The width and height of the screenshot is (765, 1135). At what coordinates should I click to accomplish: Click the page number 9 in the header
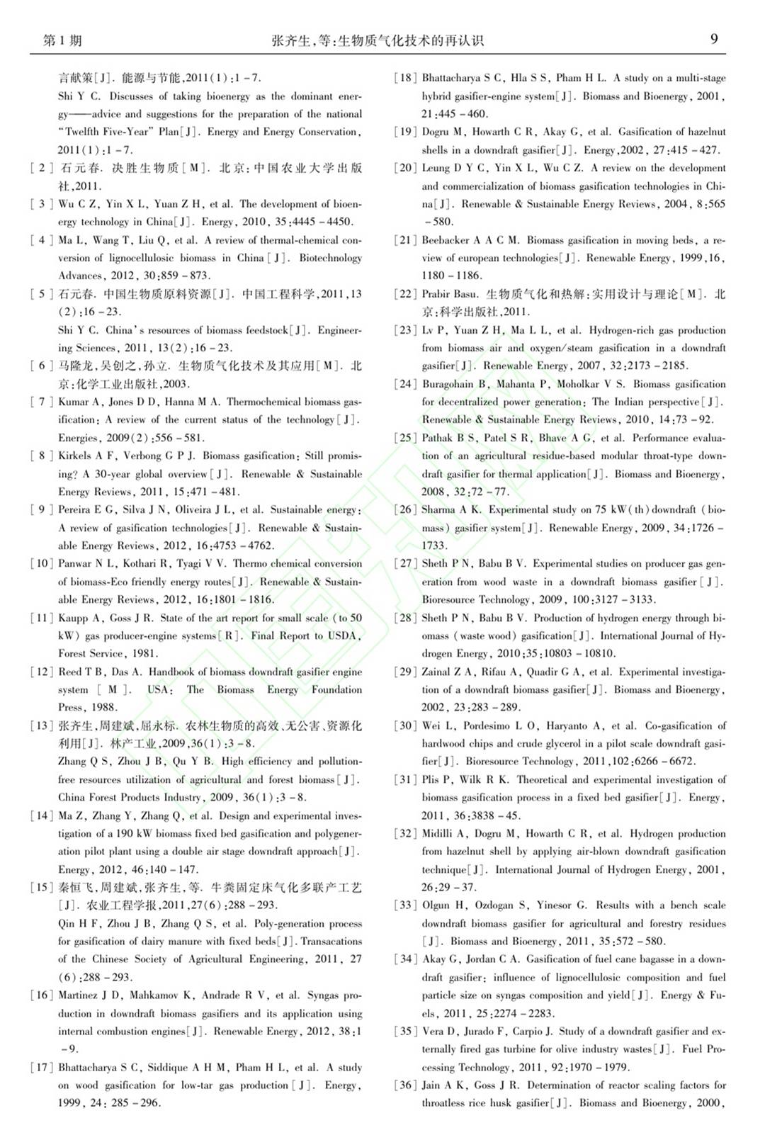pos(714,39)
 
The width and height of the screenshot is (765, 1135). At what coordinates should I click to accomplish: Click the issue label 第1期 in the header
pos(62,40)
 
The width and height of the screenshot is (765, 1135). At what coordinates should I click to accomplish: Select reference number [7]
pos(42,402)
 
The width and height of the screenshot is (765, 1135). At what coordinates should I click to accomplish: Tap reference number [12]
pos(42,672)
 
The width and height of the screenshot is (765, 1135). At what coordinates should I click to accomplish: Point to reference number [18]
pos(405,78)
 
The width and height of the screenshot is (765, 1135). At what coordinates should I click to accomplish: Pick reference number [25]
pos(405,438)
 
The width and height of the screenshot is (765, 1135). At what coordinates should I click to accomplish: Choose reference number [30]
pos(405,725)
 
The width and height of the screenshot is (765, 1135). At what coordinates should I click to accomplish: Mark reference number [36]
pos(405,1085)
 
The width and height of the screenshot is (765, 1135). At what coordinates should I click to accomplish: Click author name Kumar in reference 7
pos(73,402)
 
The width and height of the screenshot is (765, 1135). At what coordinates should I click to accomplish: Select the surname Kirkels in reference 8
pos(74,456)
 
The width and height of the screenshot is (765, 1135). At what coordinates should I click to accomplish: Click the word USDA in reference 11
pos(344,636)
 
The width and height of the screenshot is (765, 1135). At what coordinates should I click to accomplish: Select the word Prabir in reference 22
pos(437,294)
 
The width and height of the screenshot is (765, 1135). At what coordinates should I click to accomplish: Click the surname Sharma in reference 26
pos(438,509)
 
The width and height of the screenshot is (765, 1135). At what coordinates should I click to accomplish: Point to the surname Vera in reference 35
pos(432,1031)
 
